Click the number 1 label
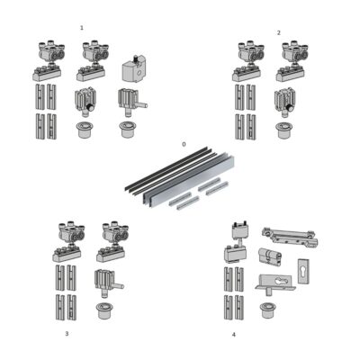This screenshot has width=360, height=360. pos(82,28)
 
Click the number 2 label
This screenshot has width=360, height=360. pos(278,32)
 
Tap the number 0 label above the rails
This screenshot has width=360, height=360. pos(184,144)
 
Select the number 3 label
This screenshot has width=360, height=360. pos(66,333)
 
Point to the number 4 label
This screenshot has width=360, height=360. pos(233,335)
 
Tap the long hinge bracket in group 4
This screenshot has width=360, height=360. pos(288,236)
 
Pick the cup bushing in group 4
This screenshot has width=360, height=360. pos(266,310)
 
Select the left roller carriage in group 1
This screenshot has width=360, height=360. pos(49,58)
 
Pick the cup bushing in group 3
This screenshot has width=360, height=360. pos(106,310)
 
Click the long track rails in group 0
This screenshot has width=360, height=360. pos(180,177)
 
